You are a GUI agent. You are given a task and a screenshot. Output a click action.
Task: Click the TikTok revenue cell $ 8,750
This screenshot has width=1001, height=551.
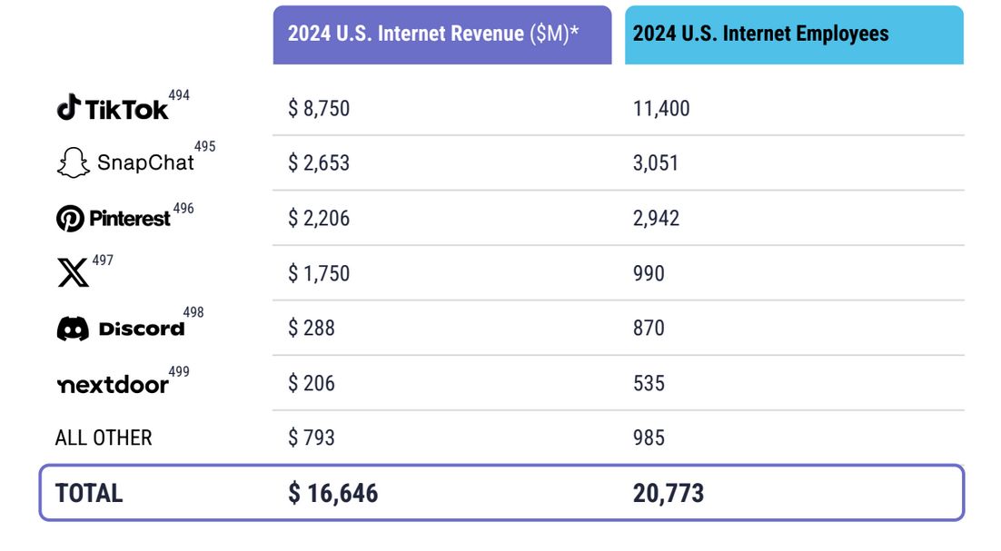point(319,109)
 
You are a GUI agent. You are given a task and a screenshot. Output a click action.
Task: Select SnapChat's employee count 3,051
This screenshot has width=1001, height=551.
point(656,163)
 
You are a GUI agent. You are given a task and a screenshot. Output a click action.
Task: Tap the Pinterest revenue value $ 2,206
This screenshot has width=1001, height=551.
point(319,219)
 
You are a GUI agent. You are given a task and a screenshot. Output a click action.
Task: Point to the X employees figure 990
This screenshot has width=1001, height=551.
point(649,273)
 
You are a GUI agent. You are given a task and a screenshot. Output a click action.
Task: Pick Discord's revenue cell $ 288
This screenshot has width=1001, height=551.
point(312,328)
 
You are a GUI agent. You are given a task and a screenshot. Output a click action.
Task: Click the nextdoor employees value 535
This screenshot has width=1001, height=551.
point(649,383)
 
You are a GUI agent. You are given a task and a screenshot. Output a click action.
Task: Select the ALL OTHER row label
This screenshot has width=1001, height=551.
point(104,438)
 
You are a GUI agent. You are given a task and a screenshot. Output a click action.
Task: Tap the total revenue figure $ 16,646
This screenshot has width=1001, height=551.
point(333,493)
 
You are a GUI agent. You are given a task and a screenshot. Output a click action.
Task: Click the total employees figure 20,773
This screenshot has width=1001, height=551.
point(669,493)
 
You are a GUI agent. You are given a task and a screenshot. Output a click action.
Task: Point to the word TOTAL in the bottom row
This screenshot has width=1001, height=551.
point(89,493)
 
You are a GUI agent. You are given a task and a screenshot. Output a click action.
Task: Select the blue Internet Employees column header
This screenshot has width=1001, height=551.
point(793,34)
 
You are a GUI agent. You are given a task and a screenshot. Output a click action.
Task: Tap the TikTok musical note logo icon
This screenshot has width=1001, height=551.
point(68,108)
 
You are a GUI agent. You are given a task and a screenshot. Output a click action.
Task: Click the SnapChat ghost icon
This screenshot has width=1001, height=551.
point(73,163)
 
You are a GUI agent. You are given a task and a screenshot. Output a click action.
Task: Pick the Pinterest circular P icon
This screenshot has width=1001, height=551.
point(70,219)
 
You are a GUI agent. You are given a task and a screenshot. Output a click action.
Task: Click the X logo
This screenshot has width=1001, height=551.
point(73,272)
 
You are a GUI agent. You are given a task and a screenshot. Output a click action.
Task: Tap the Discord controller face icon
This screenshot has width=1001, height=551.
point(73,329)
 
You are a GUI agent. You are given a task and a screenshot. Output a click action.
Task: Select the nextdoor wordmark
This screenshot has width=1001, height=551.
point(113,385)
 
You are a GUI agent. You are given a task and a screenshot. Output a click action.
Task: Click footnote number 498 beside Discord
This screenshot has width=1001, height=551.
point(193,312)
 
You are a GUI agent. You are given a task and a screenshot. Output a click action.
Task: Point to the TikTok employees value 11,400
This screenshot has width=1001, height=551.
point(661,109)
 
